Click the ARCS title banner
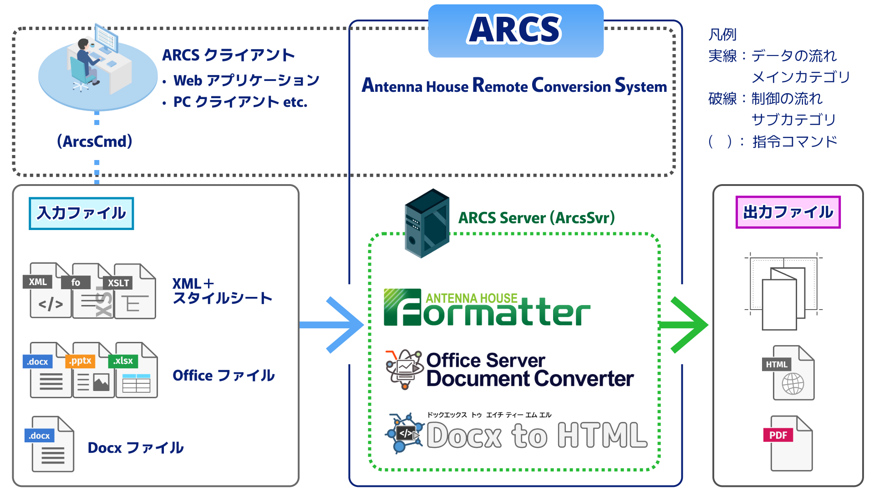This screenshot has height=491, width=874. [515, 31]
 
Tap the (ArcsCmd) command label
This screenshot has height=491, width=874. [95, 141]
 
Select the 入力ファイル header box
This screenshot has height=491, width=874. [81, 213]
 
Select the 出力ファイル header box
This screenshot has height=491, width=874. [788, 212]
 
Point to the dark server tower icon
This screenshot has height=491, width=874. [427, 223]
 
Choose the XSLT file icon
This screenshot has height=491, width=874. [134, 292]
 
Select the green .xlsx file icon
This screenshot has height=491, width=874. [135, 371]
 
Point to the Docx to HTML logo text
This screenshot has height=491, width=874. [536, 436]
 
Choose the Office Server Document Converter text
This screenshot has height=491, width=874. [529, 370]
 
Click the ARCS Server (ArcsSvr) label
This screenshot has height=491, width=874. [536, 218]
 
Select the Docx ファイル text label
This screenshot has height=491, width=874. [136, 448]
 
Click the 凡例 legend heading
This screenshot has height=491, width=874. [722, 35]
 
